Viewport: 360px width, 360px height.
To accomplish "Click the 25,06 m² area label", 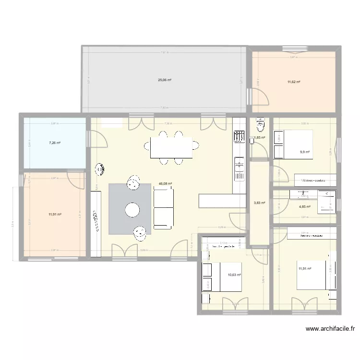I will (x=165, y=80).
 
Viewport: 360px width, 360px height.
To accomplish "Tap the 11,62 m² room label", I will (x=294, y=82).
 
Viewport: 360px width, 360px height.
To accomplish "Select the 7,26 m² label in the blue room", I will (x=55, y=143).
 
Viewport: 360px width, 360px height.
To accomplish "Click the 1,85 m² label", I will (x=260, y=138).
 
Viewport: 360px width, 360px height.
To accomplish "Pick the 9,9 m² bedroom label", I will (x=305, y=152).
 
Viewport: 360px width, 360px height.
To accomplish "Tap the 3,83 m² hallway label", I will (x=259, y=203).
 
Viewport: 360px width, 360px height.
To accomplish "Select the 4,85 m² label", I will (x=305, y=207).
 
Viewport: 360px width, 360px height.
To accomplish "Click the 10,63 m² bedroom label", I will (x=234, y=275).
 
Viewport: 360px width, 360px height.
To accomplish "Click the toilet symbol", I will (x=261, y=125).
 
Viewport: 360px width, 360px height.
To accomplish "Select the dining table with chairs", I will (x=171, y=148).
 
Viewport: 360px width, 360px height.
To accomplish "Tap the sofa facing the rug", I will (x=163, y=207).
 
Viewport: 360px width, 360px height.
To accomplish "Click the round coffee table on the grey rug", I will (x=132, y=209).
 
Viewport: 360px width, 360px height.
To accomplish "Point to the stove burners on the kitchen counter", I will (x=239, y=137).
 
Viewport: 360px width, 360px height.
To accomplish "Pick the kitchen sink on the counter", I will (x=239, y=166).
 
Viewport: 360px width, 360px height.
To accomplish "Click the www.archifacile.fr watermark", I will (x=330, y=329).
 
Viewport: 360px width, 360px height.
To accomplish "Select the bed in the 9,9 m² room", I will (x=293, y=144).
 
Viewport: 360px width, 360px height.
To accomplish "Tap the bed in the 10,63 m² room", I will (x=221, y=277).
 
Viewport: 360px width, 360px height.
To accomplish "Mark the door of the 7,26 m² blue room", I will (x=98, y=139).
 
